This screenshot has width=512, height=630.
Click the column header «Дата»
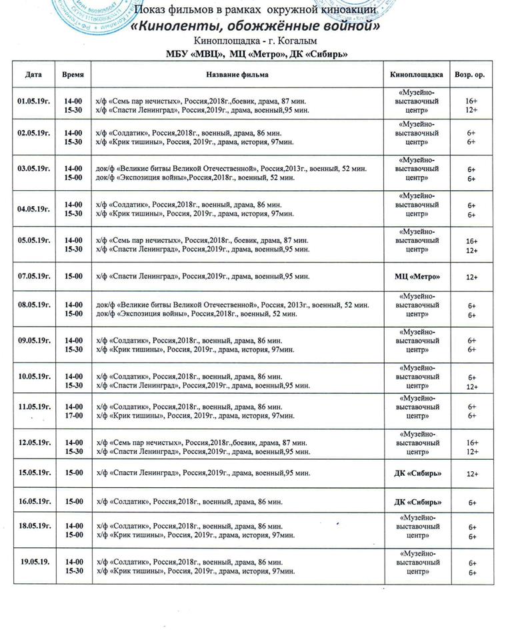coord(33,75)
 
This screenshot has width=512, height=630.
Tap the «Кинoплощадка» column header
coord(417,75)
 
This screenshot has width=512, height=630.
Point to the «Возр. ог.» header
coord(470,75)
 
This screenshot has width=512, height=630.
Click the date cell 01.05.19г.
coord(34,100)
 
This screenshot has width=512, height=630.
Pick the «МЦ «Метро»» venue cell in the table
coord(417,276)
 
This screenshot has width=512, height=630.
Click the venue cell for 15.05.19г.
coord(417,473)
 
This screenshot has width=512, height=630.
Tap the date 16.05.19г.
coord(34,501)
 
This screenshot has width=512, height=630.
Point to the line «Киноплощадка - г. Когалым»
coord(256,42)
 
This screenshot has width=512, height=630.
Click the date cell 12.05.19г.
coord(34,442)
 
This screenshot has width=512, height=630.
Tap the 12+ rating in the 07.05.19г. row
coord(472,276)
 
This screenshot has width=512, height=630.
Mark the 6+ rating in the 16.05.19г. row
coord(472,502)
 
